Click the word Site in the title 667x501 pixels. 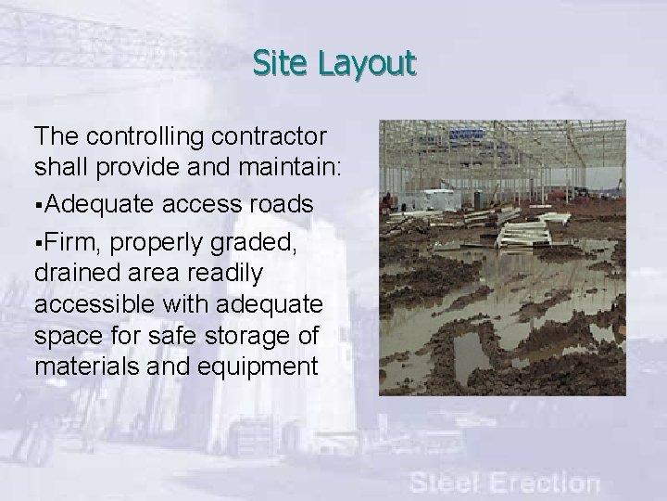[x=282, y=63]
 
